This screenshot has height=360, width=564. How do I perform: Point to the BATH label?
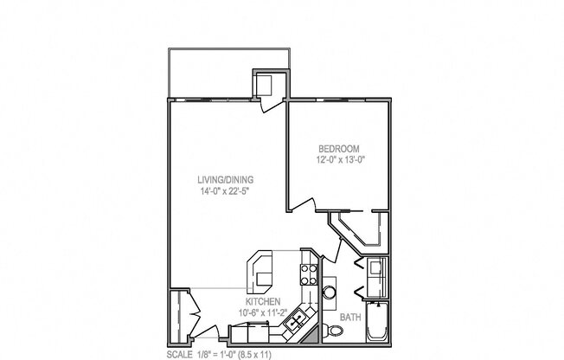[x=349, y=318]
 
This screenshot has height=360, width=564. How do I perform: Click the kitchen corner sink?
[x=296, y=322]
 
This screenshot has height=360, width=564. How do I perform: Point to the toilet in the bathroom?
[x=336, y=331]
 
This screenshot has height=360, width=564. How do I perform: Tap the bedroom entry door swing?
[x=301, y=205]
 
